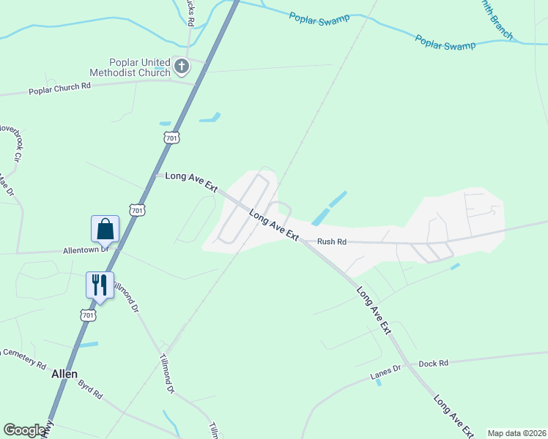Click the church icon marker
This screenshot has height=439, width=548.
point(181,68)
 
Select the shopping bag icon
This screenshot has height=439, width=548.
point(105,228)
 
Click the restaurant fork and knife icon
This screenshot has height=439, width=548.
point(100,284)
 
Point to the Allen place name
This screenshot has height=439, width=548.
point(64,373)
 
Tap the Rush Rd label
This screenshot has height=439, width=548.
point(331,241)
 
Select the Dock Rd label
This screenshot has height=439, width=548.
point(432,363)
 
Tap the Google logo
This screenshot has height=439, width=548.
point(24,430)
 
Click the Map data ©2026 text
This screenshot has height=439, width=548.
point(516,433)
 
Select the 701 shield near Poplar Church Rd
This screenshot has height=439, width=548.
point(171,137)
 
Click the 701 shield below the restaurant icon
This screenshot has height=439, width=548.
point(88,315)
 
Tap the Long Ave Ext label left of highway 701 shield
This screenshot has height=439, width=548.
point(192,181)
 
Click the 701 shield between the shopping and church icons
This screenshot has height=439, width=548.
point(137,210)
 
